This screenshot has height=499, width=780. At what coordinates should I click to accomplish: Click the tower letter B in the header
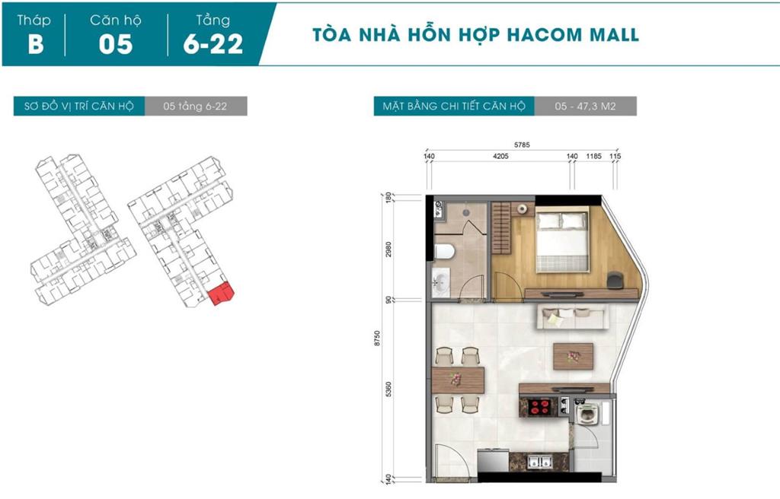(36, 43)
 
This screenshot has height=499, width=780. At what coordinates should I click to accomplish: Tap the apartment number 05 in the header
(116, 43)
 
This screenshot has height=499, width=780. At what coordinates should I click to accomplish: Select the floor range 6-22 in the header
(213, 43)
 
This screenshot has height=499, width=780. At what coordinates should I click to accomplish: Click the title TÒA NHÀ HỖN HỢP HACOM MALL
(475, 34)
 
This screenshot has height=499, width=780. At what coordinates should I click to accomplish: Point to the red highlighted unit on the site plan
(220, 294)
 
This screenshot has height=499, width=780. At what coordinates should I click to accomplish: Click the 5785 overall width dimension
(522, 145)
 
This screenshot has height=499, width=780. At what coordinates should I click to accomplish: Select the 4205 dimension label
(500, 156)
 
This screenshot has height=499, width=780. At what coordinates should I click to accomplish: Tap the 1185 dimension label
(594, 156)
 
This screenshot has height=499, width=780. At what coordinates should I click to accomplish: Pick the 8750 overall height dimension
(377, 338)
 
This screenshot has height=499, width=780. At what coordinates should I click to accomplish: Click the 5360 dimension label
(388, 389)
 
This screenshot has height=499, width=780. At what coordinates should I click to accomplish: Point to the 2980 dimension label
(388, 249)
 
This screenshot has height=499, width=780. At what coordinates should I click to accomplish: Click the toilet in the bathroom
(444, 252)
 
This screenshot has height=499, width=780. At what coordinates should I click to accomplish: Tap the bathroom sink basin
(440, 283)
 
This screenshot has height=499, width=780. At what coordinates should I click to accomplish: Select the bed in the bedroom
(563, 242)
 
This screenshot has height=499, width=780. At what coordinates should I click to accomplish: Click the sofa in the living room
(572, 316)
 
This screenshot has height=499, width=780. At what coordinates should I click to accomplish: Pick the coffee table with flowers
(573, 356)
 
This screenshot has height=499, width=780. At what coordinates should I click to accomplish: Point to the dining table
(458, 380)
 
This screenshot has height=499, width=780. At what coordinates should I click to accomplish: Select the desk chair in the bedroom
(615, 280)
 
